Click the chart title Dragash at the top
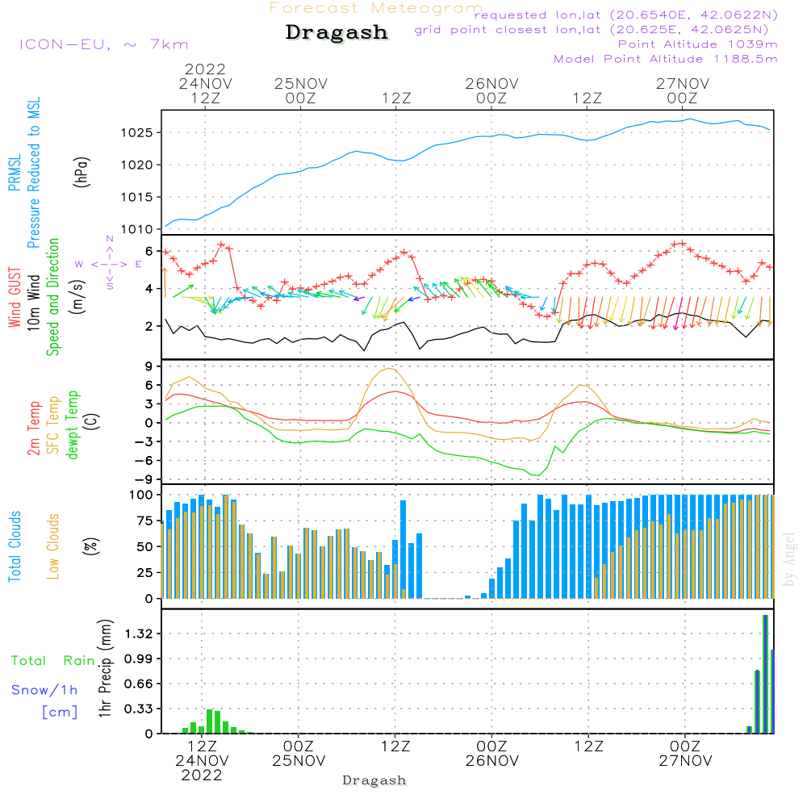[337, 33]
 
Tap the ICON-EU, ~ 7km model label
[103, 44]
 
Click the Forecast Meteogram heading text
[376, 8]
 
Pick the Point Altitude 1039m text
[697, 44]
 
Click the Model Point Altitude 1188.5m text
[666, 59]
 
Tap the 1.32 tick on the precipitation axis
[139, 634]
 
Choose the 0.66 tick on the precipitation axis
[139, 684]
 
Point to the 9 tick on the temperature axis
[149, 366]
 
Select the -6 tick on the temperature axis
[145, 460]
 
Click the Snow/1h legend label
[44, 690]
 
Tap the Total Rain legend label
[52, 661]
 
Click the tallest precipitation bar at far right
[765, 674]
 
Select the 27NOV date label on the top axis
[683, 83]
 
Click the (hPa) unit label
[82, 170]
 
